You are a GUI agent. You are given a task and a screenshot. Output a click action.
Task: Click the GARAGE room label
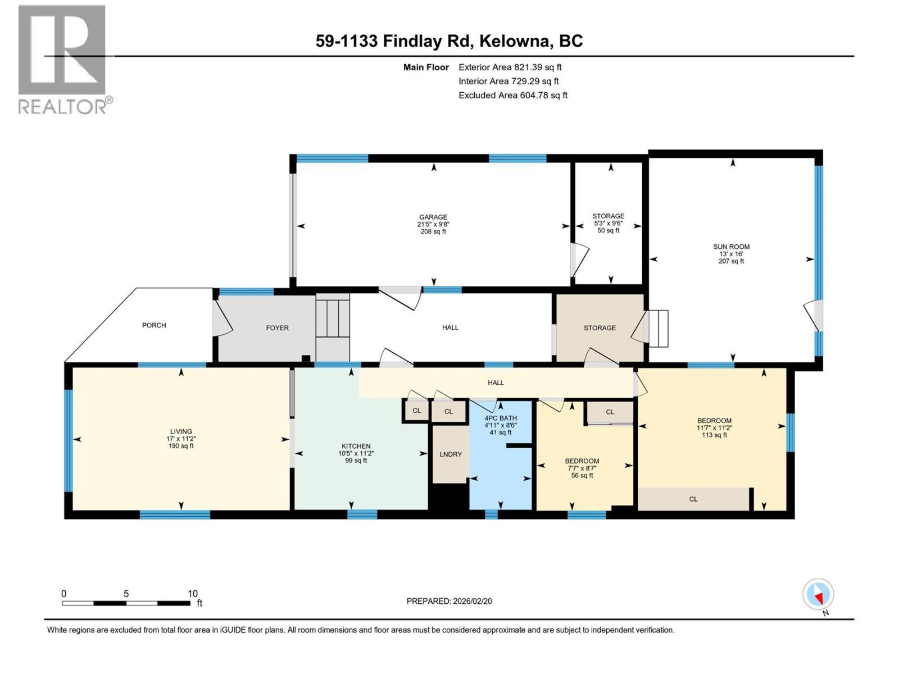(433, 217)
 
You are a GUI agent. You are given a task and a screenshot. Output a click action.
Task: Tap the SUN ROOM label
(731, 247)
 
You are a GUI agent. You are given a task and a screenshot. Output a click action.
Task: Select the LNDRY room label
(450, 454)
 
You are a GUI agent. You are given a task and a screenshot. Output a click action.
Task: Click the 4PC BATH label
(500, 418)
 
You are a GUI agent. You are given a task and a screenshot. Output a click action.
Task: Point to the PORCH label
(154, 325)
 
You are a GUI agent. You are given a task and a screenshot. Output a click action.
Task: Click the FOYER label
(277, 327)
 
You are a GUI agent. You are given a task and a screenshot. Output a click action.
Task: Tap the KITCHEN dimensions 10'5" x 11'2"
(356, 453)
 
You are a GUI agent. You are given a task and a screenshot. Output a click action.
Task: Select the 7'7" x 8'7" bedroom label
(582, 468)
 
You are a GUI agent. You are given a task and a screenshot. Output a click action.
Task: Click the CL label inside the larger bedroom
(693, 499)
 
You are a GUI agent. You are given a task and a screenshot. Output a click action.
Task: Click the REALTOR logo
(63, 59)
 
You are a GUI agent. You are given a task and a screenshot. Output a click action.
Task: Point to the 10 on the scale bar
(192, 594)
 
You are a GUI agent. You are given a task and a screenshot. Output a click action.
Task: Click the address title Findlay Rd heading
(449, 41)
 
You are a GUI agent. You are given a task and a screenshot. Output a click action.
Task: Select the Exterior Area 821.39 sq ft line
(510, 67)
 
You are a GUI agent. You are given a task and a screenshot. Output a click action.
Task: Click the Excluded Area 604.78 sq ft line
(512, 95)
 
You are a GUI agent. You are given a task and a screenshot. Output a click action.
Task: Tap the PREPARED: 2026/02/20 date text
(449, 601)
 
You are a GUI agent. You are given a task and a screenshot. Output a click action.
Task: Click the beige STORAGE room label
(600, 327)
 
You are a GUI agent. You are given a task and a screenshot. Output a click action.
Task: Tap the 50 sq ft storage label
(608, 230)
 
